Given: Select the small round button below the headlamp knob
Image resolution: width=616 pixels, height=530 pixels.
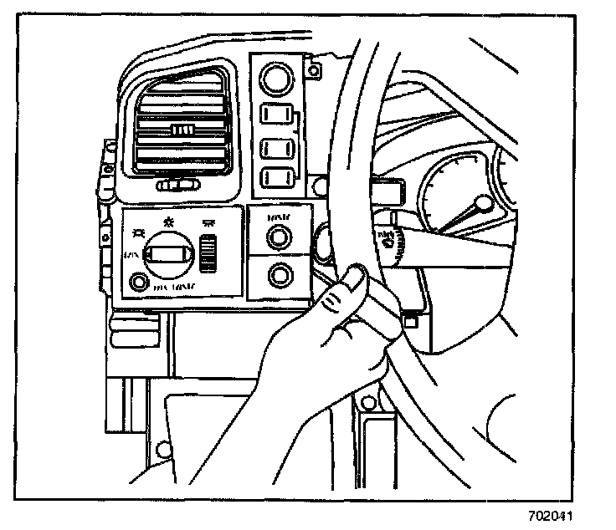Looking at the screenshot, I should (x=138, y=282).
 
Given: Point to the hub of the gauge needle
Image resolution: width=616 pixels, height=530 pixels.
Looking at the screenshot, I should (x=485, y=203).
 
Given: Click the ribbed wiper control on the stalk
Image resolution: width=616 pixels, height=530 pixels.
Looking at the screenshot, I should (x=398, y=242).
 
